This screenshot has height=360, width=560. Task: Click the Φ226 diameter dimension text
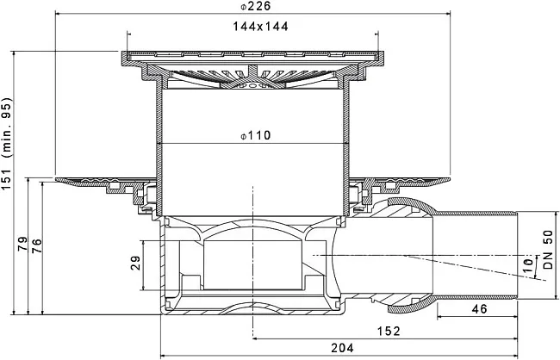255,6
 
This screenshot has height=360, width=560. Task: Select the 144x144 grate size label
260,27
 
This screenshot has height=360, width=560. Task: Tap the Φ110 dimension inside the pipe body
255,135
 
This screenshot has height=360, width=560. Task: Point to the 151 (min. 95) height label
7,144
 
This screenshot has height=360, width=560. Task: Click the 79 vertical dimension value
22,244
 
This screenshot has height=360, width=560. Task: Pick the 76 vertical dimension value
37,245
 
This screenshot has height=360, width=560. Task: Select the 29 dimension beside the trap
136,263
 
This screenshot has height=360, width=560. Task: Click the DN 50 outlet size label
548,249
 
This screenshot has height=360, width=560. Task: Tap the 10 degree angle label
528,265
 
